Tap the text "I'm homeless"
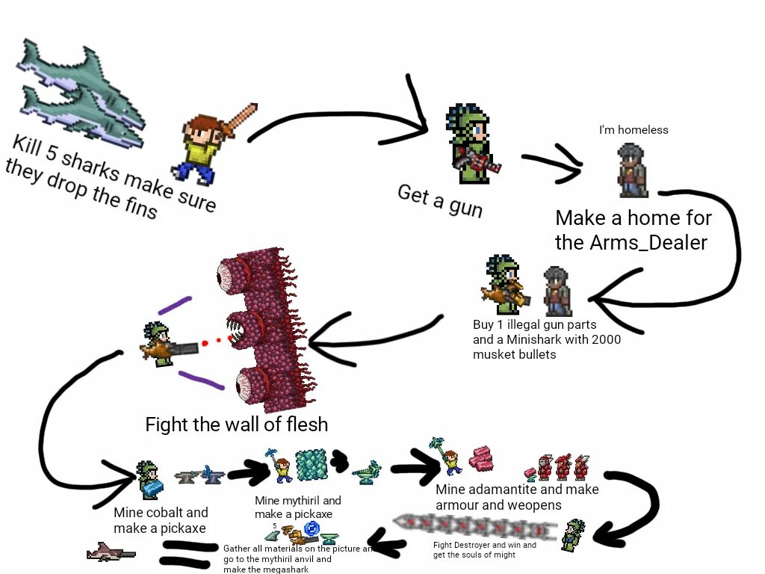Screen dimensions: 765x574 634,130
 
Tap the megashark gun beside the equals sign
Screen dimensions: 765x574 111,553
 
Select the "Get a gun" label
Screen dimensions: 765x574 440,200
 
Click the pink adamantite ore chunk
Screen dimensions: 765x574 480,457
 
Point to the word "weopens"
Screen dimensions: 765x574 536,505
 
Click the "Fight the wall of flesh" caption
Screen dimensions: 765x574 236,425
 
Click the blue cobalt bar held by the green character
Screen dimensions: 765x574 152,488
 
